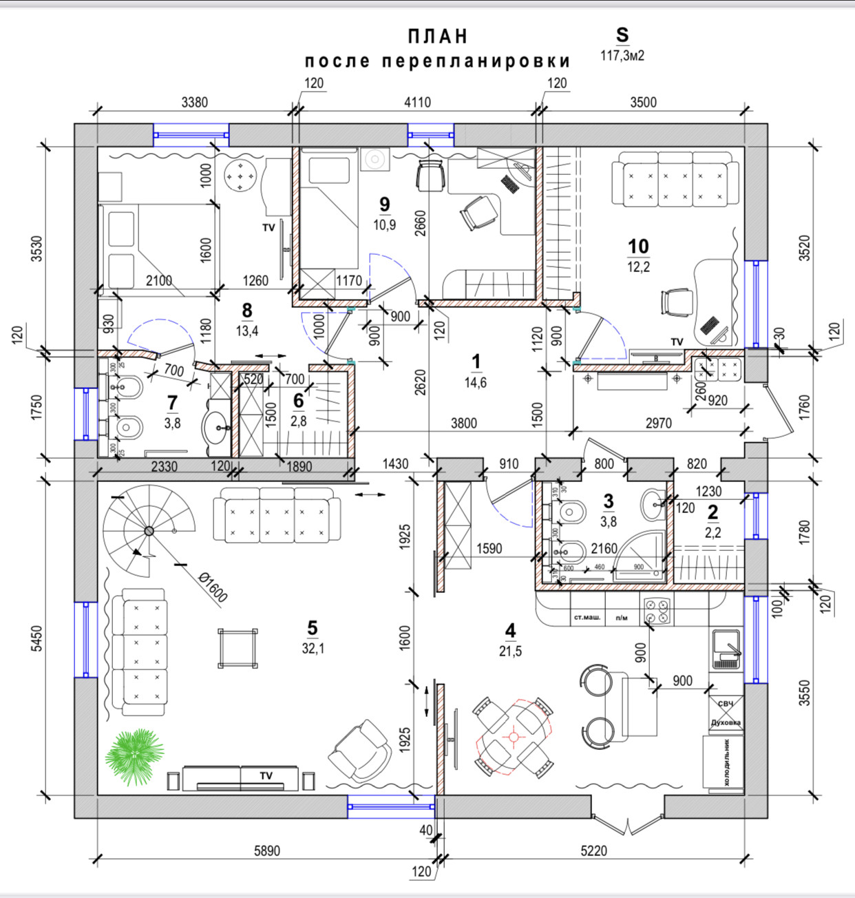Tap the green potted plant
coord(133,758)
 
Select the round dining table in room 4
coord(513,737)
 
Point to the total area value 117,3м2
coord(622,56)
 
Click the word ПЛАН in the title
coord(438,36)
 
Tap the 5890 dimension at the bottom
coord(267,850)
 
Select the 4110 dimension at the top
coord(417,102)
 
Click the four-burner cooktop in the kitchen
coord(657,610)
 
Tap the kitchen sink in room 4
coord(726,648)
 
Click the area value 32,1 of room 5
coord(313,648)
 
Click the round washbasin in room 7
coord(218,428)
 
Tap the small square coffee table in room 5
coord(238,648)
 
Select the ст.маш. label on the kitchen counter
coord(587,617)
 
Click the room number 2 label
coord(712,512)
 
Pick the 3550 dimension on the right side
coord(805,694)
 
